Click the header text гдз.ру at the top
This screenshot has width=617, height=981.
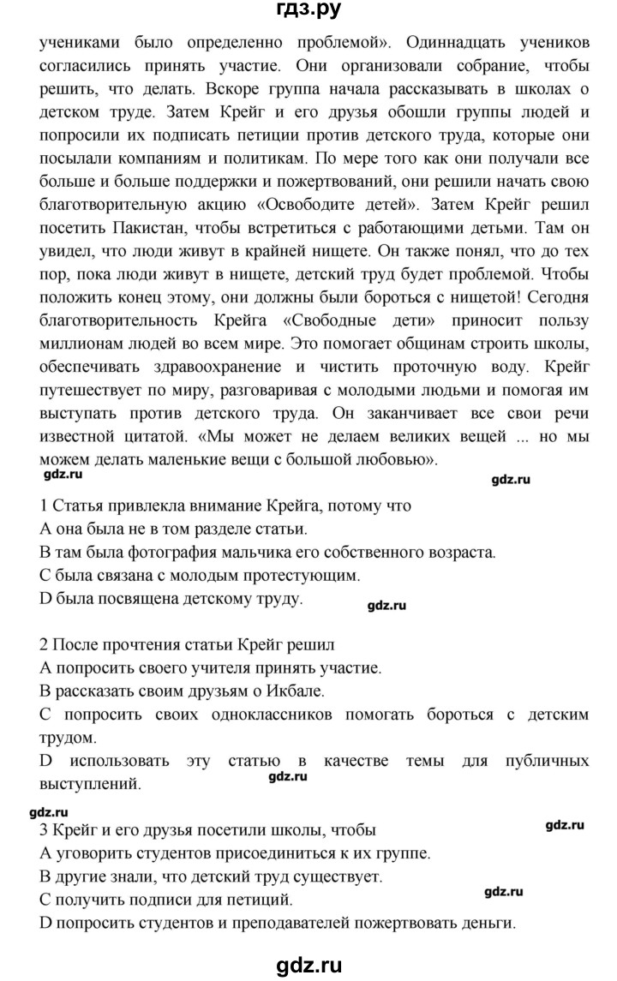click(308, 12)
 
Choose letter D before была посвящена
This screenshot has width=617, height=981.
click(46, 599)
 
